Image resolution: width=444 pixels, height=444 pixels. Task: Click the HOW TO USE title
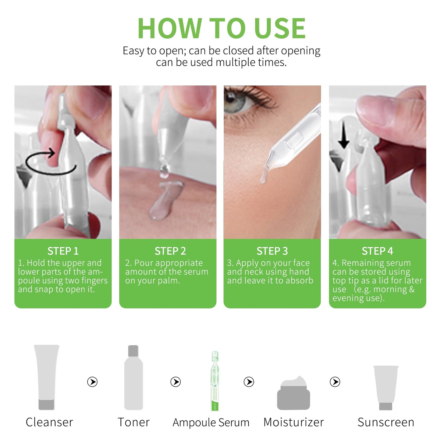click(x=221, y=28)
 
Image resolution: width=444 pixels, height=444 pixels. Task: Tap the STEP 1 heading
click(x=63, y=251)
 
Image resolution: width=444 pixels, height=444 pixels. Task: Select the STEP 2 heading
click(x=170, y=251)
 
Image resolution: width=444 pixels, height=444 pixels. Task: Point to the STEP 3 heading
click(x=272, y=251)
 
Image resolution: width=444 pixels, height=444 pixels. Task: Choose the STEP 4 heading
click(x=377, y=251)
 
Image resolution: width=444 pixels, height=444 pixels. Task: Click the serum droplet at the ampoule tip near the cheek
click(x=264, y=176)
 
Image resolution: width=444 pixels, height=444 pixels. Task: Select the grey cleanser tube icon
click(x=46, y=377)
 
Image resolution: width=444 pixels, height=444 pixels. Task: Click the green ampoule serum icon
click(x=215, y=381)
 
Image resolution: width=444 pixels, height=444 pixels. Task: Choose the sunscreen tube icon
click(x=386, y=387)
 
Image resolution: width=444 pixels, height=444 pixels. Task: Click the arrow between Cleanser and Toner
click(x=92, y=382)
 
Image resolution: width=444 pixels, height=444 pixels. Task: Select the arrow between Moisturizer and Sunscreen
click(x=335, y=382)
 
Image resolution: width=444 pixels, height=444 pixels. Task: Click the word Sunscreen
click(x=386, y=422)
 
